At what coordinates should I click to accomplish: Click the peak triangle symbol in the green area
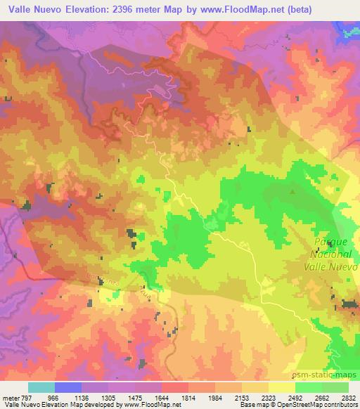(x=292, y=190)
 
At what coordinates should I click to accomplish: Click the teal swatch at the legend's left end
(x=41, y=387)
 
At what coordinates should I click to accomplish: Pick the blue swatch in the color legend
(x=67, y=387)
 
